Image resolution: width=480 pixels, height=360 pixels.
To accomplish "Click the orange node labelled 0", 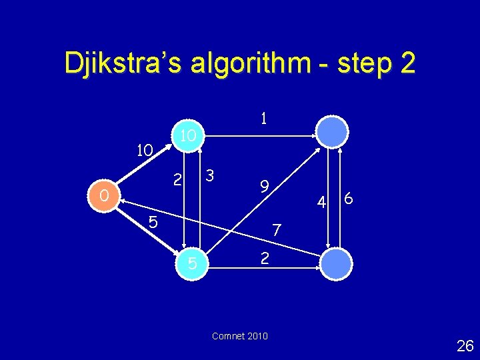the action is point(101,195).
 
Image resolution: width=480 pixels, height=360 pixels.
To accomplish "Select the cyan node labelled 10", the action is point(188,135).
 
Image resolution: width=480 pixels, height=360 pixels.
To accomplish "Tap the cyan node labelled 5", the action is point(192,264).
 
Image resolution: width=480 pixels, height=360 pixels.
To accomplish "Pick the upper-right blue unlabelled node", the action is point(332,131).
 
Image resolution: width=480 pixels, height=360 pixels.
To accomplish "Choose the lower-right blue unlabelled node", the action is point(335,264).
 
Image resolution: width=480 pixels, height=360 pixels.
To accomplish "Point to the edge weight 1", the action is point(264,119).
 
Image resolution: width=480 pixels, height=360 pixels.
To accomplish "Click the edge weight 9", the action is point(264,187).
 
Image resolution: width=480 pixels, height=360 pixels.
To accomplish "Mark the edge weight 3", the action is point(209,177).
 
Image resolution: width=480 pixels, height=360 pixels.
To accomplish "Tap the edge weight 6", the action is point(349,199).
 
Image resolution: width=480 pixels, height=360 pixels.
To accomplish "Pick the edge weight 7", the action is point(277,230).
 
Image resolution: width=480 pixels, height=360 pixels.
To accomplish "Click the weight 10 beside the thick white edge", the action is point(145,151).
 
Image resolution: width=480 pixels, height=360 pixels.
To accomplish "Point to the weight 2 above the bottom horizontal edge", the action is point(265,257).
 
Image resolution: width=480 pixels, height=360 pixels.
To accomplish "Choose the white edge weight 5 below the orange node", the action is point(153,222).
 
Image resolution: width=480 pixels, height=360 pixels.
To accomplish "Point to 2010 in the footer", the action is point(257,336).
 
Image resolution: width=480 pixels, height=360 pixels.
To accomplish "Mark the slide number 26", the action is point(465,345).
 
